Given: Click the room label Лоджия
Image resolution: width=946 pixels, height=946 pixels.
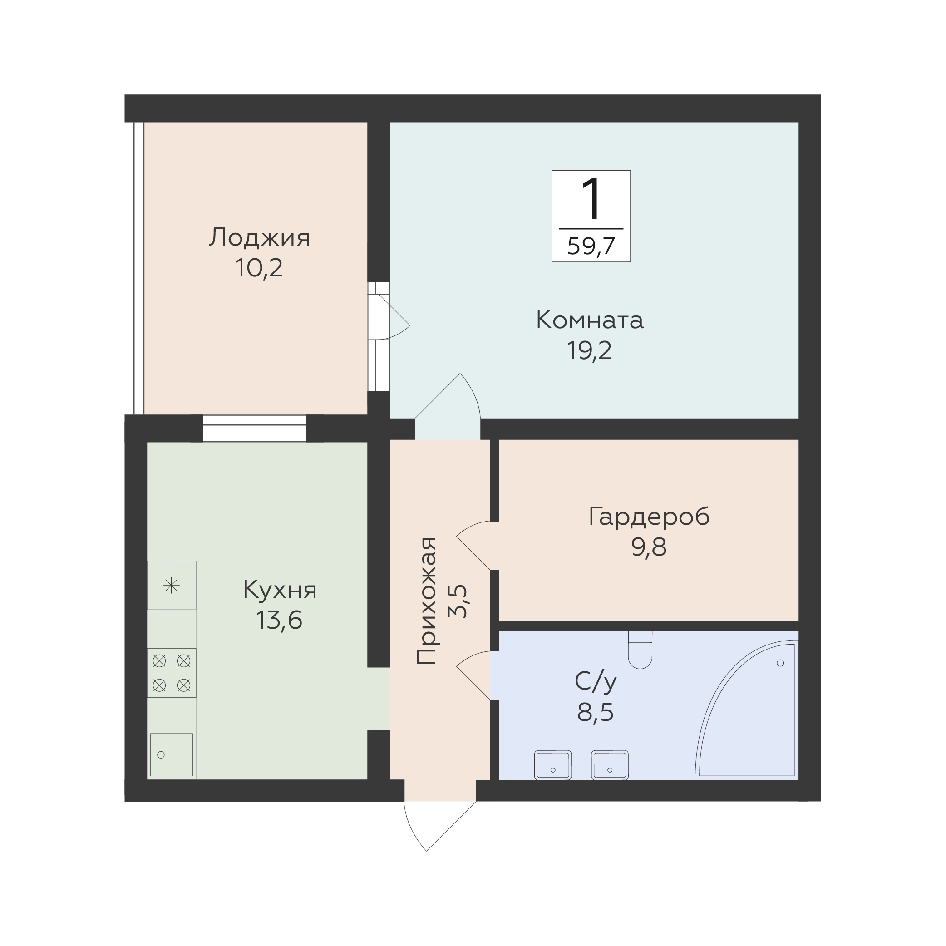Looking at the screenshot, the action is [x=260, y=238].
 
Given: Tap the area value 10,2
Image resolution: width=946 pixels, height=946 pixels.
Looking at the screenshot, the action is [x=259, y=268].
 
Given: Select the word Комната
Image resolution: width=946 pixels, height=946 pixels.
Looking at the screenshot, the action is [x=590, y=320].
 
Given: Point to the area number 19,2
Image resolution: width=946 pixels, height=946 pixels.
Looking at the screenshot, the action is [x=589, y=350].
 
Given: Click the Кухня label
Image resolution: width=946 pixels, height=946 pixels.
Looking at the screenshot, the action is [x=280, y=591].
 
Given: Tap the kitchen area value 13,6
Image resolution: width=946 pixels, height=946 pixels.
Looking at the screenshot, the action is [x=279, y=621].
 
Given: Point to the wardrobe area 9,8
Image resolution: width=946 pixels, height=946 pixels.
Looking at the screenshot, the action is [x=649, y=547].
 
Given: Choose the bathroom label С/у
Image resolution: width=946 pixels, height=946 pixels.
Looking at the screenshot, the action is [x=596, y=682].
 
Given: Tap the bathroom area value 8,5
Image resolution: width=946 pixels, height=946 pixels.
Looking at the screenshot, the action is [x=595, y=712].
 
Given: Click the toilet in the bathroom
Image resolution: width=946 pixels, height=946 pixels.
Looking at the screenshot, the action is [x=640, y=649].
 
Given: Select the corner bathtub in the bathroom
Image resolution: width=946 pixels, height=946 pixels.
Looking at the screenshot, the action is [x=747, y=709].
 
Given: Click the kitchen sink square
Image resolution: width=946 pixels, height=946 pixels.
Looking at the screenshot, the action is [x=172, y=754].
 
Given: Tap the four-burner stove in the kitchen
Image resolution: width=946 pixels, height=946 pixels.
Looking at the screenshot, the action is [x=172, y=673].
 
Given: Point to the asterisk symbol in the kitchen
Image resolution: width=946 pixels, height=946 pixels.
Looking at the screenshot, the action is [x=172, y=585].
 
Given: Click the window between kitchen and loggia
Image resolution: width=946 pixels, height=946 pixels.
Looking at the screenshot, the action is [x=255, y=429].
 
